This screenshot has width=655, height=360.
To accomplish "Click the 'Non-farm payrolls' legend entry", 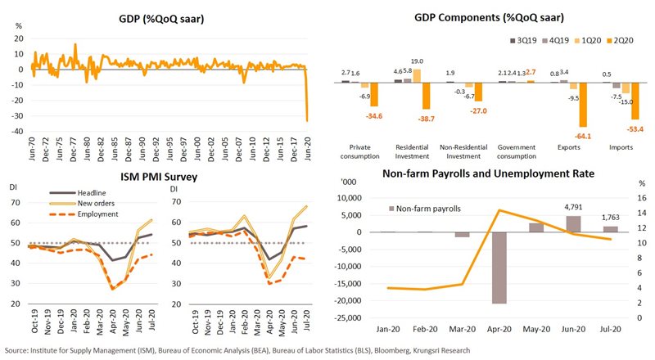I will coord(428,209).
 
